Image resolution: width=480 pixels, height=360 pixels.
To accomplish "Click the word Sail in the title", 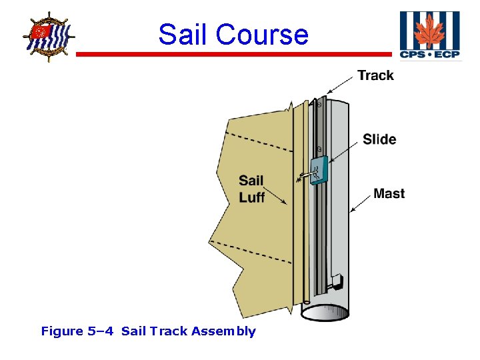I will pyautogui.click(x=184, y=35).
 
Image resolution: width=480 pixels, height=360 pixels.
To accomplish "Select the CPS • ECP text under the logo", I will pyautogui.click(x=430, y=54).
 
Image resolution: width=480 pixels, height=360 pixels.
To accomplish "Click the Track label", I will pyautogui.click(x=375, y=75).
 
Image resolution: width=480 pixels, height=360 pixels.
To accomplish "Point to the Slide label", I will pyautogui.click(x=379, y=139).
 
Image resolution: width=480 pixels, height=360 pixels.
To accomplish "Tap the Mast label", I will pyautogui.click(x=389, y=194).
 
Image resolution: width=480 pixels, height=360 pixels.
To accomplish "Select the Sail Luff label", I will pyautogui.click(x=251, y=189).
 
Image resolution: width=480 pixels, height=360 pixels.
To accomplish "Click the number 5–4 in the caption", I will pyautogui.click(x=101, y=331).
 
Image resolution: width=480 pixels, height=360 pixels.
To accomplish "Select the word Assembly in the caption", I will pyautogui.click(x=223, y=331).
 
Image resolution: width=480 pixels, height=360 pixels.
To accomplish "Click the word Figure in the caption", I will pyautogui.click(x=62, y=331).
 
